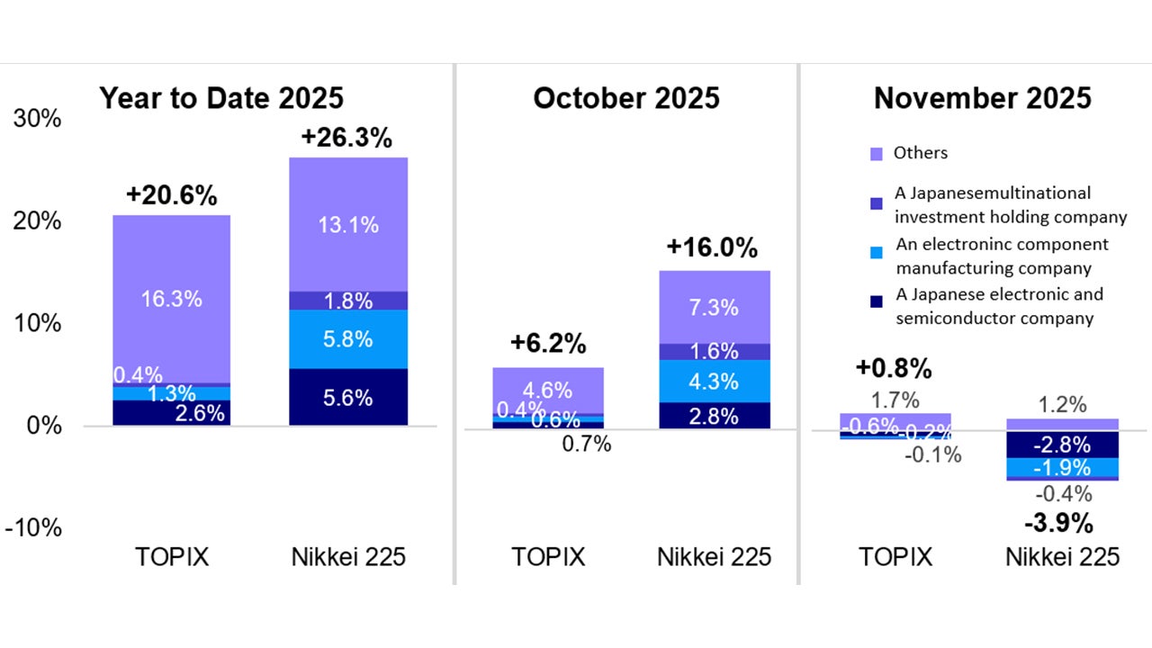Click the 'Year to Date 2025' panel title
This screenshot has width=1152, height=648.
point(221,98)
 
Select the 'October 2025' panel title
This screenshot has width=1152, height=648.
point(626,98)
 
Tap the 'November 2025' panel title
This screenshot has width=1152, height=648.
point(983,98)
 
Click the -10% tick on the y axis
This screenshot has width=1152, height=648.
point(33,527)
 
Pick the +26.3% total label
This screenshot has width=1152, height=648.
point(346,139)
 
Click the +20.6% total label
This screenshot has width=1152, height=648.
point(171,196)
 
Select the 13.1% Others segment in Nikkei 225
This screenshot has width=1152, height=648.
point(347,225)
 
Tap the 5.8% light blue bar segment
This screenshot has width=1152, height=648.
point(347,339)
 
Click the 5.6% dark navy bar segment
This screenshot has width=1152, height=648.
point(347,397)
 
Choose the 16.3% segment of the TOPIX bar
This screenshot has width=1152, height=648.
point(171,299)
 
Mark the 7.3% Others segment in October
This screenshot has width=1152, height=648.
point(715,307)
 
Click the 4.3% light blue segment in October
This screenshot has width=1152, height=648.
point(715,381)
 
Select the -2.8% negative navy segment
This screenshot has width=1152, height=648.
point(1062,445)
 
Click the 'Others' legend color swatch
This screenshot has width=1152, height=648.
point(877,154)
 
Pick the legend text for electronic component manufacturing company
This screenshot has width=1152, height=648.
point(1002,256)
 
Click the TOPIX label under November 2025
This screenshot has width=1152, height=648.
point(895,557)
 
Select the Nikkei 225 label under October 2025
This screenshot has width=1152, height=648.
point(714,557)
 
